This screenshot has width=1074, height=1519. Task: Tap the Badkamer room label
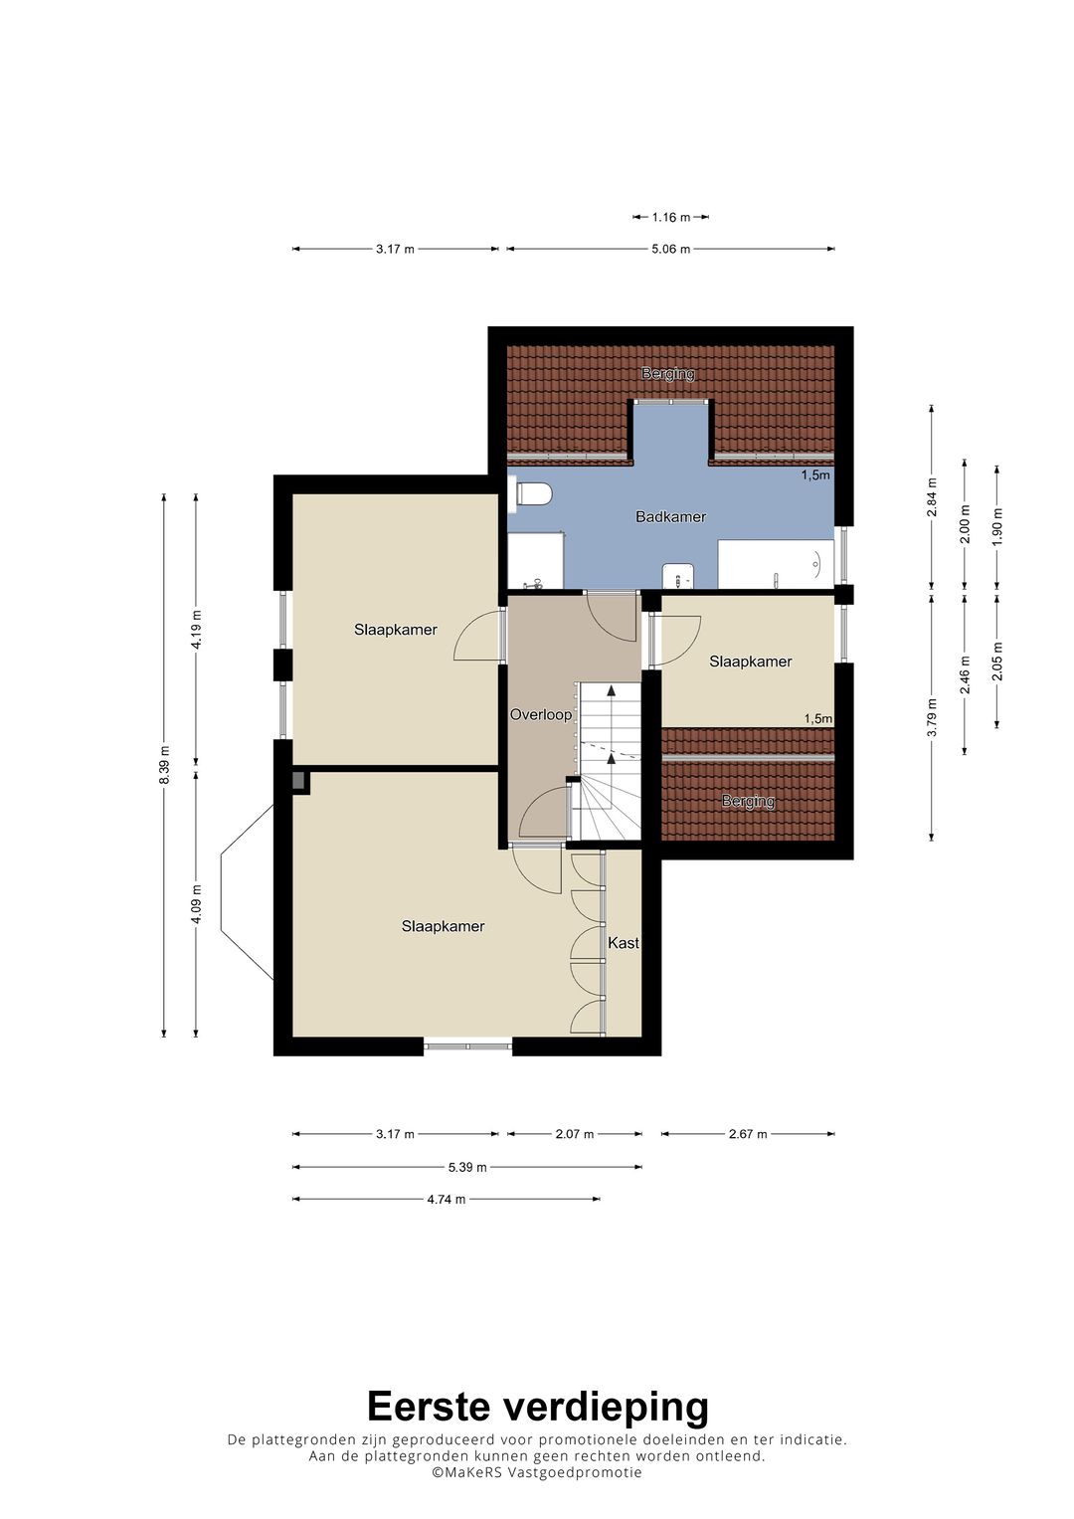[x=670, y=516]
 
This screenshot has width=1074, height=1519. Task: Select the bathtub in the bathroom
[x=776, y=565]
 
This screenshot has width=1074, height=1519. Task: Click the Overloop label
[x=541, y=714]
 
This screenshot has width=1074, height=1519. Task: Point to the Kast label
[x=624, y=942]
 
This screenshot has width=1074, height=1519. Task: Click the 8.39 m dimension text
[x=165, y=764]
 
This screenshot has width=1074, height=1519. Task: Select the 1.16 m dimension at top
[x=671, y=217]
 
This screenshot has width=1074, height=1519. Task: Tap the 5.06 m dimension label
[x=671, y=249]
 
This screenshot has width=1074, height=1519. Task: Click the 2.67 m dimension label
[x=748, y=1133]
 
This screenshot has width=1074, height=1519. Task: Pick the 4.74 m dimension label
[x=447, y=1199]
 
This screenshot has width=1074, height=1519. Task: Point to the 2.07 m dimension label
[x=575, y=1133]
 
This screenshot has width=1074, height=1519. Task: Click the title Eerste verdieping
[x=537, y=1407]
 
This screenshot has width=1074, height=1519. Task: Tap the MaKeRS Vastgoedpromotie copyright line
[x=537, y=1472]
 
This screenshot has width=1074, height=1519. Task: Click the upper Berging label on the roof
[x=668, y=374]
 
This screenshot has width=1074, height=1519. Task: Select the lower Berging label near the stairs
[x=748, y=801]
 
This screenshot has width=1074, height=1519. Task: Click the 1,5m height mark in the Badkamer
[x=815, y=475]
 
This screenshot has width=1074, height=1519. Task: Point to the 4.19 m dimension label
[x=197, y=629]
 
